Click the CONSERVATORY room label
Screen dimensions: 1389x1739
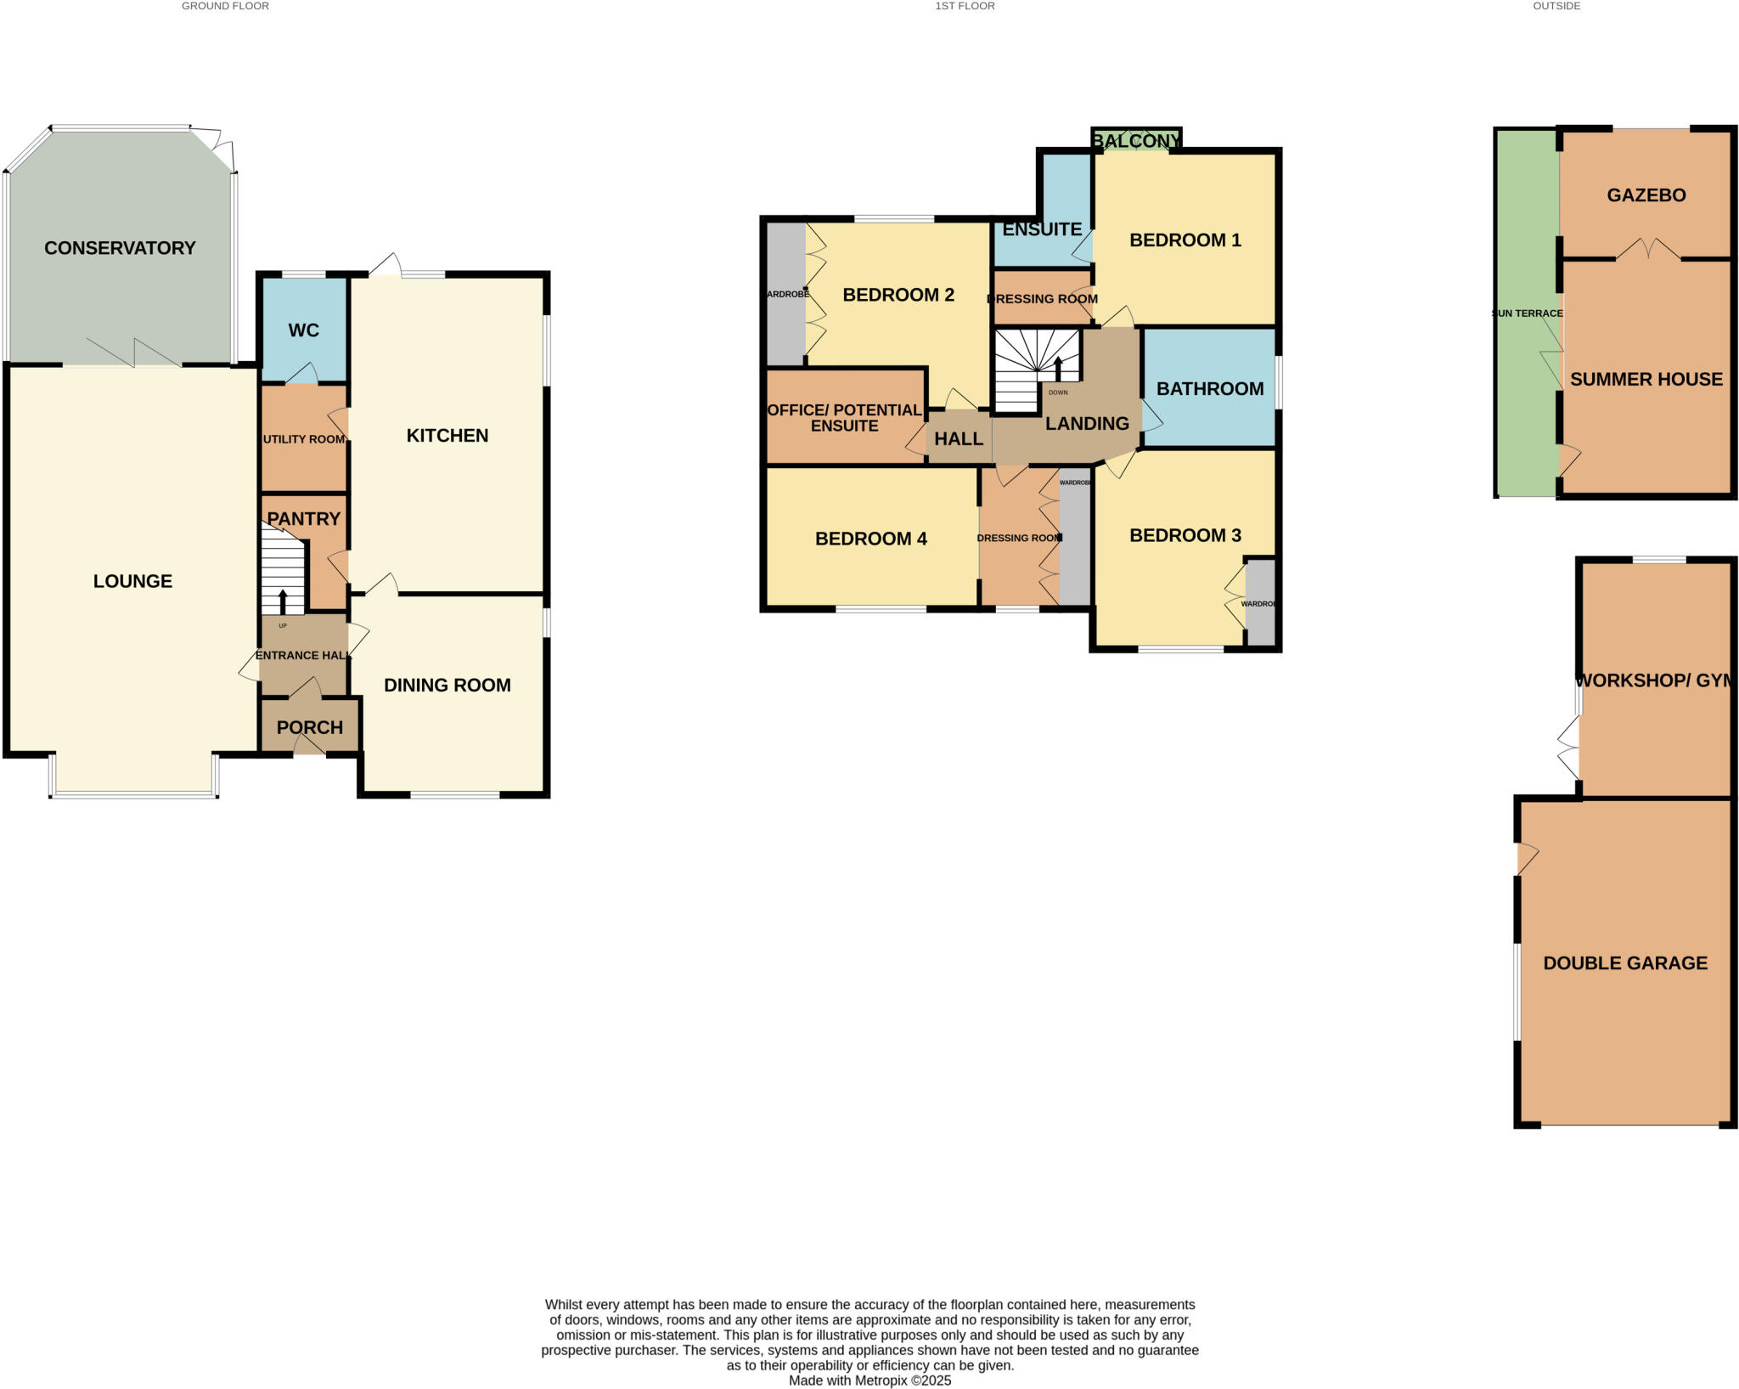(x=120, y=248)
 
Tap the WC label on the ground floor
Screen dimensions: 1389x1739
(x=303, y=330)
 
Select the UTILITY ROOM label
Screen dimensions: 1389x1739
(x=303, y=439)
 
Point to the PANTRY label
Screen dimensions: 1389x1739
(x=303, y=519)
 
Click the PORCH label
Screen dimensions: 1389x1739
(x=310, y=728)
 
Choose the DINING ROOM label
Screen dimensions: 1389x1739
(x=447, y=686)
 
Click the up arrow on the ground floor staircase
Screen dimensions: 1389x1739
(x=283, y=601)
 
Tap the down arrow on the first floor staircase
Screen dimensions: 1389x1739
(x=1058, y=370)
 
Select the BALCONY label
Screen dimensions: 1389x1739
(x=1136, y=141)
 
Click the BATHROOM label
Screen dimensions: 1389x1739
(x=1210, y=389)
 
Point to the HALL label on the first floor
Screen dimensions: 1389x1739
(x=959, y=439)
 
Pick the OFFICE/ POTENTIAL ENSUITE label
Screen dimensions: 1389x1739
(x=844, y=418)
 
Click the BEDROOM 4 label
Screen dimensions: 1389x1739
(x=870, y=539)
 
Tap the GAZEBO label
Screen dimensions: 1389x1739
(x=1646, y=195)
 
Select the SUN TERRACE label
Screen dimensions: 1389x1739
(x=1528, y=313)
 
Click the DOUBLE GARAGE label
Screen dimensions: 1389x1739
(x=1625, y=963)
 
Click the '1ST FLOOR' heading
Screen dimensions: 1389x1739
(x=965, y=6)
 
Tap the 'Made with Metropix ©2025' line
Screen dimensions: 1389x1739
(x=869, y=1381)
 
